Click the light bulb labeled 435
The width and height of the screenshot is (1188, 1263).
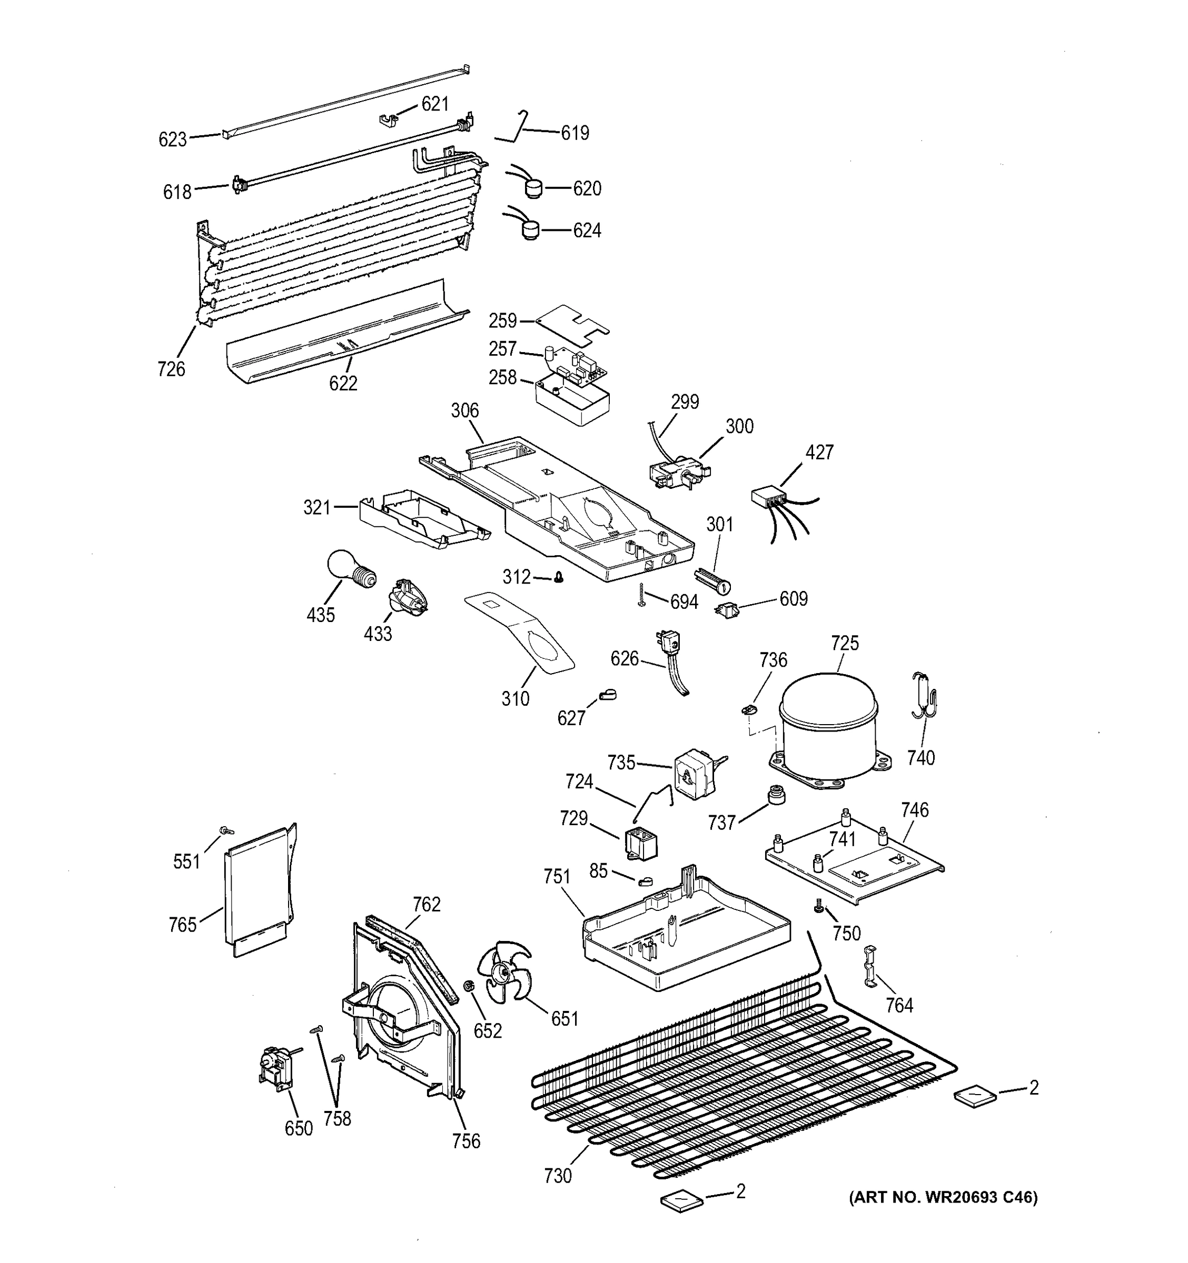(349, 569)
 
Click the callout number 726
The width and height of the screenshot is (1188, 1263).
(172, 369)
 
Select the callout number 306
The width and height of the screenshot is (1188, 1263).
(464, 411)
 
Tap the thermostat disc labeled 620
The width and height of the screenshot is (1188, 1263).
(533, 188)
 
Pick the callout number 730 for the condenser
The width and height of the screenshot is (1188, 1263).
(558, 1176)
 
